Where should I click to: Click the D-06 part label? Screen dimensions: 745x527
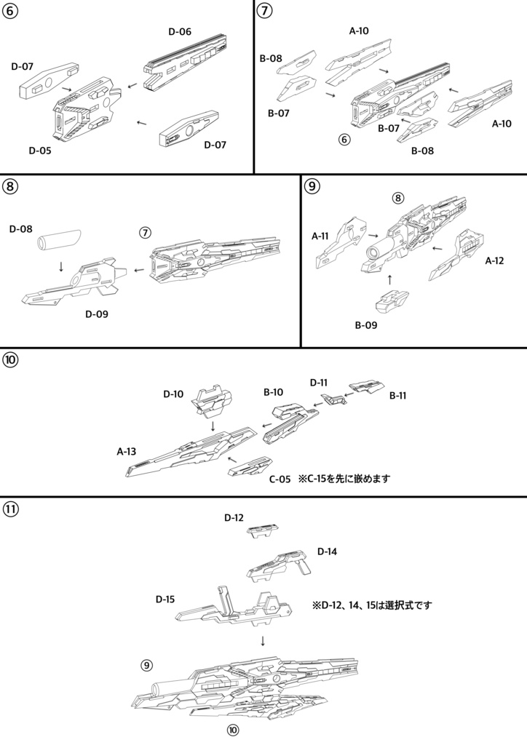click(180, 31)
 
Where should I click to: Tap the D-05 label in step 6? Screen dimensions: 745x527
click(41, 151)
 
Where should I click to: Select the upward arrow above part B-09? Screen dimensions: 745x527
click(390, 278)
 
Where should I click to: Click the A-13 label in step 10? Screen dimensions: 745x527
click(127, 451)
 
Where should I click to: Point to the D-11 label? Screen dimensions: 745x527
click(319, 382)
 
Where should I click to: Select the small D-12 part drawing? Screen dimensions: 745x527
click(262, 532)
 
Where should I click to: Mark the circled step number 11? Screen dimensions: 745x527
click(11, 509)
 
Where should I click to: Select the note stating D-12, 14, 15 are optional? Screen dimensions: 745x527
click(372, 604)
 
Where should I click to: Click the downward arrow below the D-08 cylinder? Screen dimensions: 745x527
click(61, 266)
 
